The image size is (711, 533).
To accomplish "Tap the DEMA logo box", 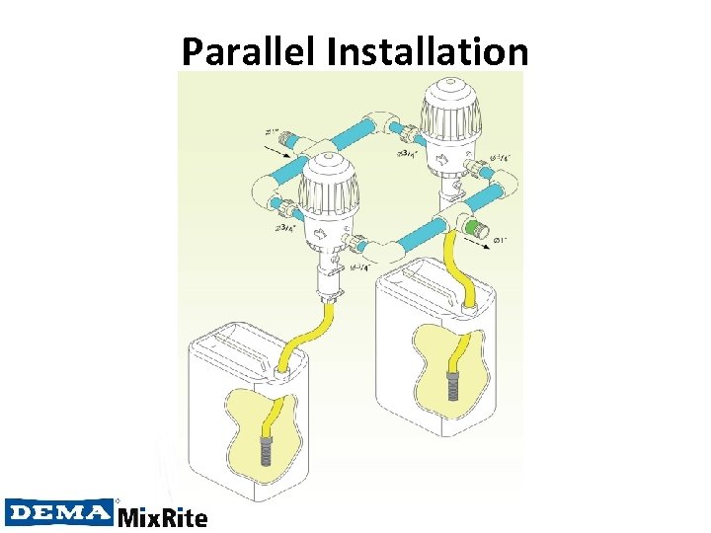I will pos(59,512).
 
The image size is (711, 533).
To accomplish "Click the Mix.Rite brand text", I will pos(162,516).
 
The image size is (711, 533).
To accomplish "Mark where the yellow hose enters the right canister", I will pos(467,309).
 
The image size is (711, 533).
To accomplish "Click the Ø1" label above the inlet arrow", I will pos(274,130).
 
